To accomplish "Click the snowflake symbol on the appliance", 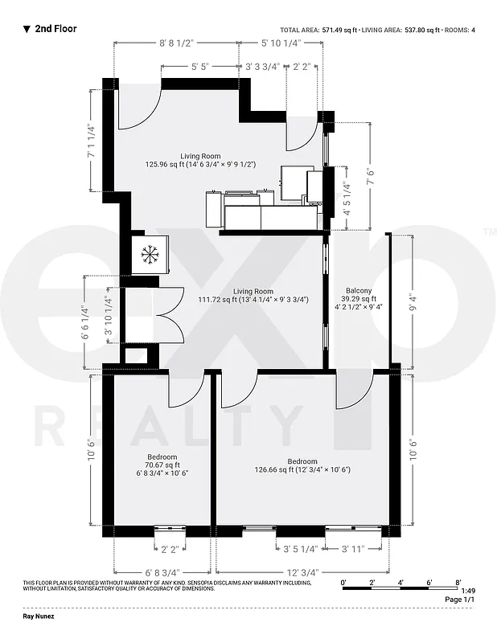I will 149,256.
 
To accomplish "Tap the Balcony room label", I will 359,290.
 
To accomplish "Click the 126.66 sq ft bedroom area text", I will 302,470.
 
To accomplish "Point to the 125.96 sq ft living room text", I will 200,164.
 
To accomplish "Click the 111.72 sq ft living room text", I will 253,300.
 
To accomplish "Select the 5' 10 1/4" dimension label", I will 281,43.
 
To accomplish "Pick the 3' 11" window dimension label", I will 355,550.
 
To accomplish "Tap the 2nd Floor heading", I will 55,29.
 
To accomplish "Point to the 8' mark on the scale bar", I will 458,580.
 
